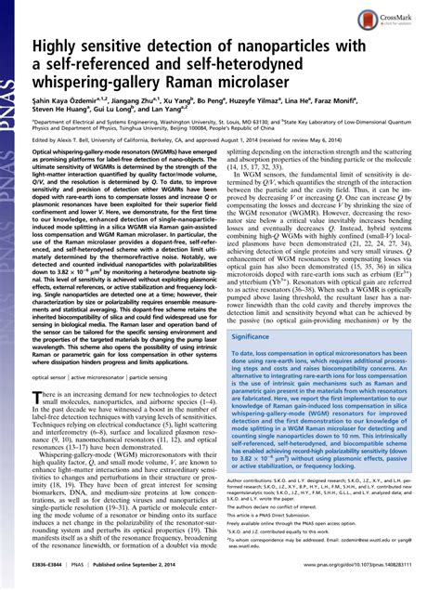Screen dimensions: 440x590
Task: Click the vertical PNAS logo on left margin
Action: point(12,37)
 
